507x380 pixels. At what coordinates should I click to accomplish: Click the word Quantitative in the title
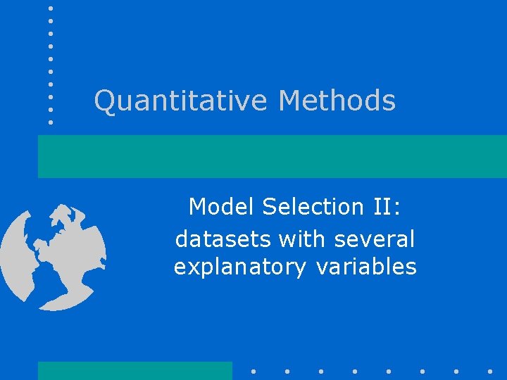click(x=181, y=101)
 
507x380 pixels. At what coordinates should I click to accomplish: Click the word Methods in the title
click(x=337, y=101)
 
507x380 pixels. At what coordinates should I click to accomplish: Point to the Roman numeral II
click(x=382, y=207)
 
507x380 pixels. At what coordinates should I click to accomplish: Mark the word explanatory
click(x=239, y=268)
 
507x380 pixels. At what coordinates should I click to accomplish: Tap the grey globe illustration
click(x=53, y=257)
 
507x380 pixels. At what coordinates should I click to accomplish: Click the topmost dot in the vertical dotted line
click(x=51, y=8)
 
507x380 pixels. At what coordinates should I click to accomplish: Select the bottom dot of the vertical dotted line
click(x=51, y=122)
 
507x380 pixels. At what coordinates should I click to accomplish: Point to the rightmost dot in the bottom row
click(x=489, y=371)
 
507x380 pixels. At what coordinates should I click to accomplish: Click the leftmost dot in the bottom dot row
click(x=254, y=371)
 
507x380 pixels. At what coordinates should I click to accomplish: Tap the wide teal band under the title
click(x=272, y=156)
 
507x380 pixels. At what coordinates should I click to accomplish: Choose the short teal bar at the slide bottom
click(x=134, y=371)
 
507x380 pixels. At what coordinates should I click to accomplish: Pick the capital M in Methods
click(x=290, y=101)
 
